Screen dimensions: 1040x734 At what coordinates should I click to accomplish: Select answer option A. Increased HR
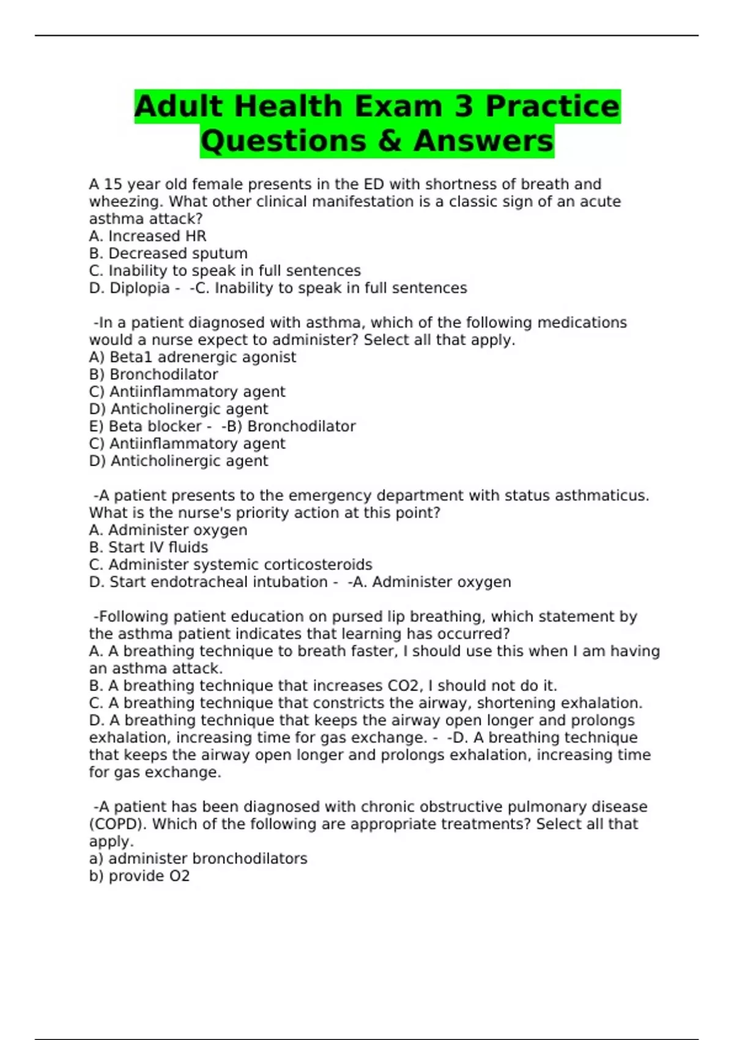(147, 236)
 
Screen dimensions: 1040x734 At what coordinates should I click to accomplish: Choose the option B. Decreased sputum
(168, 253)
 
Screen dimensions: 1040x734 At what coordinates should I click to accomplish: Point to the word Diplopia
(139, 288)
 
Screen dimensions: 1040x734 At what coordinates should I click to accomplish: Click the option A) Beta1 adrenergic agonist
(192, 357)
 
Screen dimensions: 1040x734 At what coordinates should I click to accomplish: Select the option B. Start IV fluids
(149, 548)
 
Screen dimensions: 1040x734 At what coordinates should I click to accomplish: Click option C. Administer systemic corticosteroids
(231, 565)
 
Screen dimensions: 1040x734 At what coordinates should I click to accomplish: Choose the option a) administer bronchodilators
(198, 859)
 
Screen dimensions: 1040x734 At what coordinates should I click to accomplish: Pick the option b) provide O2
(139, 876)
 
